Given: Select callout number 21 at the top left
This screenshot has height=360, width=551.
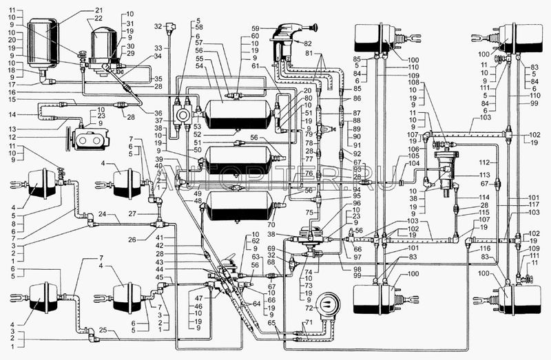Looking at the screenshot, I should [98, 10].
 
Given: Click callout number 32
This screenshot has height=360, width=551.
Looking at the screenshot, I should [158, 26].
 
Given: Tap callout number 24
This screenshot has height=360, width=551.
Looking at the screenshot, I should [101, 214].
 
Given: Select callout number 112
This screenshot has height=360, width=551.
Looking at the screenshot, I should [486, 162].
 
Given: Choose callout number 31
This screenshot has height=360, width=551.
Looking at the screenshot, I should [130, 23].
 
